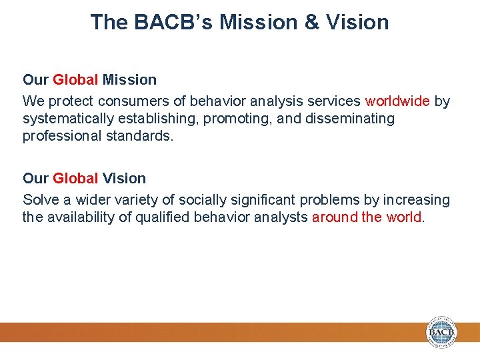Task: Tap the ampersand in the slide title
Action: coord(313,22)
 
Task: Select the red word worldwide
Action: coord(397,101)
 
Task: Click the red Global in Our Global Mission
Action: coord(75,80)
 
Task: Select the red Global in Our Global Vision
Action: coord(75,179)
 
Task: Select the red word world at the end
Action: coord(403,217)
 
